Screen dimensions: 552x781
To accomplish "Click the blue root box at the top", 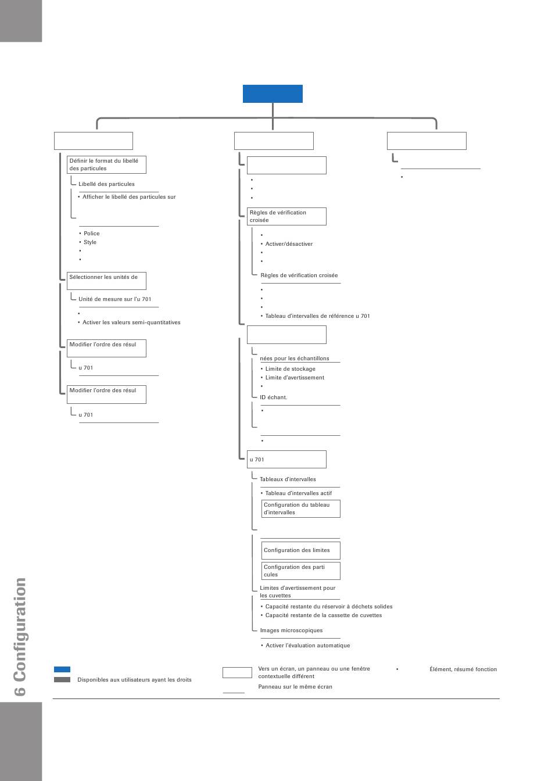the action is pos(273,94).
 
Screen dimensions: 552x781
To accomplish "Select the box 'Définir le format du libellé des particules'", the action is pos(106,164).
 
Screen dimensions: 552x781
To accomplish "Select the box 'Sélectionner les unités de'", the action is pos(106,281).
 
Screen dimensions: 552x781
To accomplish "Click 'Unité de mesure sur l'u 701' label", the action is pos(114,299).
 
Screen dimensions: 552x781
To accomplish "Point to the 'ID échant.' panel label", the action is pos(273,397).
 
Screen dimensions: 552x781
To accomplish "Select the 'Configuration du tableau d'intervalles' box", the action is pos(300,508).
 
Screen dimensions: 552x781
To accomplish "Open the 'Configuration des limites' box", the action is pos(300,550).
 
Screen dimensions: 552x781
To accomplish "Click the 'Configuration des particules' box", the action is pos(300,571).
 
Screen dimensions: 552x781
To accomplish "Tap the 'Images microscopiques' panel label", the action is pos(291,630).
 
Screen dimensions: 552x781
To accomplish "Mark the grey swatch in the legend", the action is pos(62,679).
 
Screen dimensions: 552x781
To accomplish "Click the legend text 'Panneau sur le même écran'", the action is pos(295,686).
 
